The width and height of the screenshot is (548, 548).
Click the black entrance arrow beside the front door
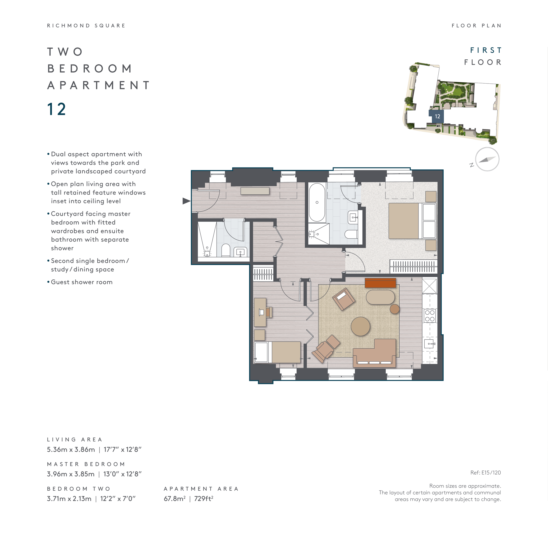pyautogui.click(x=186, y=201)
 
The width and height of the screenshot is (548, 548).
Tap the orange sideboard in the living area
pyautogui.click(x=380, y=283)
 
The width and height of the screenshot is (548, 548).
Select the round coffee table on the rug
pyautogui.click(x=360, y=326)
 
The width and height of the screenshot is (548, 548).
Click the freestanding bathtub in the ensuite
pyautogui.click(x=317, y=203)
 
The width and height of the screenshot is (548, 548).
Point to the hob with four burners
pyautogui.click(x=430, y=316)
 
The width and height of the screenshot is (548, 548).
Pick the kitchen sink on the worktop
pyautogui.click(x=429, y=344)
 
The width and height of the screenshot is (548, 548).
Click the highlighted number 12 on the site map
pyautogui.click(x=437, y=116)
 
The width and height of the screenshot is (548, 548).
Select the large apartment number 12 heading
pyautogui.click(x=57, y=109)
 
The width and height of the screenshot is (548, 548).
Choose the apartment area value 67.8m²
pyautogui.click(x=175, y=498)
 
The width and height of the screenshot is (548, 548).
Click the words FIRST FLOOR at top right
pyautogui.click(x=483, y=56)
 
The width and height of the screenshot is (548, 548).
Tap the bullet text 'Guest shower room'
pyautogui.click(x=82, y=282)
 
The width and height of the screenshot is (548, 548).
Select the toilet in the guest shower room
pyautogui.click(x=226, y=250)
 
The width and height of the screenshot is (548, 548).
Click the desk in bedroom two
pyautogui.click(x=260, y=312)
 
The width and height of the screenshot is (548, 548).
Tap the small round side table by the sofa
pyautogui.click(x=395, y=309)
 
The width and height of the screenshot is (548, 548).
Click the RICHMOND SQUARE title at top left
pyautogui.click(x=86, y=25)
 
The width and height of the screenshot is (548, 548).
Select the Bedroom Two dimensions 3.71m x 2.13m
pyautogui.click(x=69, y=498)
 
